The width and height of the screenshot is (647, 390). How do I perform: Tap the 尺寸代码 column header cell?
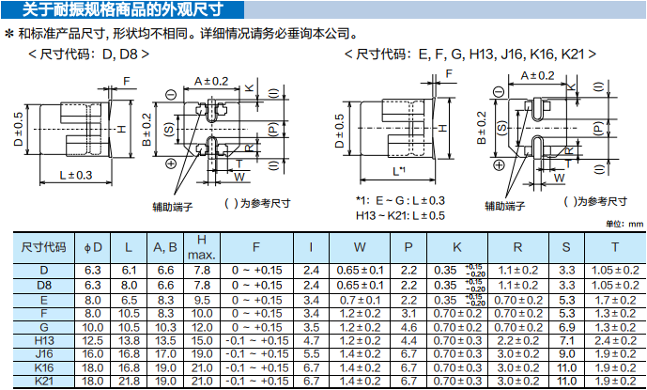click(43, 247)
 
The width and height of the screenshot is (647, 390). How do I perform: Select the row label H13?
click(43, 340)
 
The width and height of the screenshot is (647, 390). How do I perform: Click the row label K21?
click(43, 381)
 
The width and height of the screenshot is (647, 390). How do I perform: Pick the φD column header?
click(93, 247)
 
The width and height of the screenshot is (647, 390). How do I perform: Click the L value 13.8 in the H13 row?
click(130, 340)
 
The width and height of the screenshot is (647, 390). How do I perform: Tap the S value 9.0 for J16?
click(566, 353)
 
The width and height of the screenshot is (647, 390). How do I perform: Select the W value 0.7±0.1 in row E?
click(360, 299)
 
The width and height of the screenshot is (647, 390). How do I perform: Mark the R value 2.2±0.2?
click(517, 340)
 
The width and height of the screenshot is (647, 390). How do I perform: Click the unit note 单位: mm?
click(624, 224)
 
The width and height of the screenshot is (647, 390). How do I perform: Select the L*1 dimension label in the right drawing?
click(399, 171)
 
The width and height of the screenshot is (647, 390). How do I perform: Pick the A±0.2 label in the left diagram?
click(211, 81)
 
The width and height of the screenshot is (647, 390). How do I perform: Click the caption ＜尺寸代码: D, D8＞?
click(89, 55)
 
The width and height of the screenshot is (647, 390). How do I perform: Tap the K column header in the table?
click(457, 247)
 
